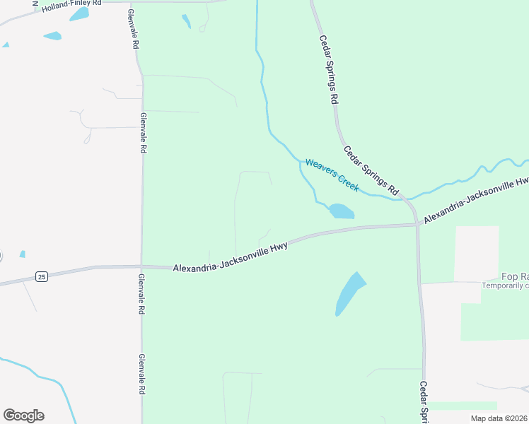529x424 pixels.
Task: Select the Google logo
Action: click(x=23, y=416)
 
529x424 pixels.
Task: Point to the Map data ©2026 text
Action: click(x=499, y=418)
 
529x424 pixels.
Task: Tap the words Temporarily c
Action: click(x=505, y=285)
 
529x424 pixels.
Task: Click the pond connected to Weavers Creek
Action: click(x=341, y=211)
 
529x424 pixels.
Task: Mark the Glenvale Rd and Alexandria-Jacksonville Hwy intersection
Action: click(x=142, y=267)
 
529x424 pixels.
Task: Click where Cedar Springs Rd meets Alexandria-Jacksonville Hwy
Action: click(x=417, y=225)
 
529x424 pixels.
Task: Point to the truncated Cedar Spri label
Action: click(x=424, y=403)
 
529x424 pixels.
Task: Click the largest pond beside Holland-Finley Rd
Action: click(x=79, y=14)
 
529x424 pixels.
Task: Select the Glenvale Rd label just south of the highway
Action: click(x=142, y=295)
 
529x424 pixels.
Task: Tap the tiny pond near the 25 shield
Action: click(x=23, y=254)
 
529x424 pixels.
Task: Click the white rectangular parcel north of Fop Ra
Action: click(x=476, y=253)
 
